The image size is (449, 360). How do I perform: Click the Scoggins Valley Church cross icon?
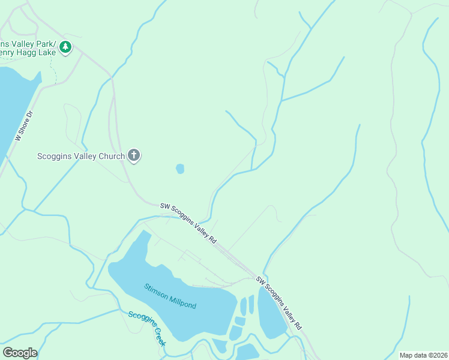point(134,156)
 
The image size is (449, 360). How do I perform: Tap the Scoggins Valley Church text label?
point(81,157)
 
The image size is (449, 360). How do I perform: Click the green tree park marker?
point(65,46)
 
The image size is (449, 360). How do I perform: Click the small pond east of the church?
point(180,169)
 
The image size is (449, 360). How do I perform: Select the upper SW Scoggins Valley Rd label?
point(188,222)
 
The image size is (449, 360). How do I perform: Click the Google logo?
point(20,352)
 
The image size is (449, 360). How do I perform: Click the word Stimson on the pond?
point(155,290)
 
